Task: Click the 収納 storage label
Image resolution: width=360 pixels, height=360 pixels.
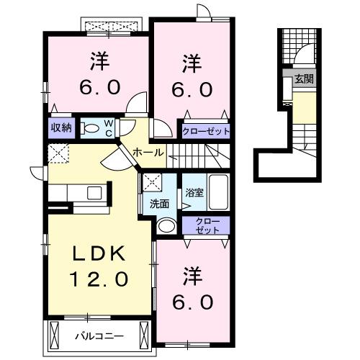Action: [60, 127]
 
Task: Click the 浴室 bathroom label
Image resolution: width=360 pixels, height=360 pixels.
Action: [192, 192]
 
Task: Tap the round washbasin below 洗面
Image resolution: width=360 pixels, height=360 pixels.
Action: [165, 225]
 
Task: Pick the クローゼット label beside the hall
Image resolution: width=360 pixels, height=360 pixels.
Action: [206, 131]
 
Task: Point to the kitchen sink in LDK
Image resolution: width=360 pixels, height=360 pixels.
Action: [94, 192]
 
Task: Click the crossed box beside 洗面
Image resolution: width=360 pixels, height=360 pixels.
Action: [151, 182]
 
